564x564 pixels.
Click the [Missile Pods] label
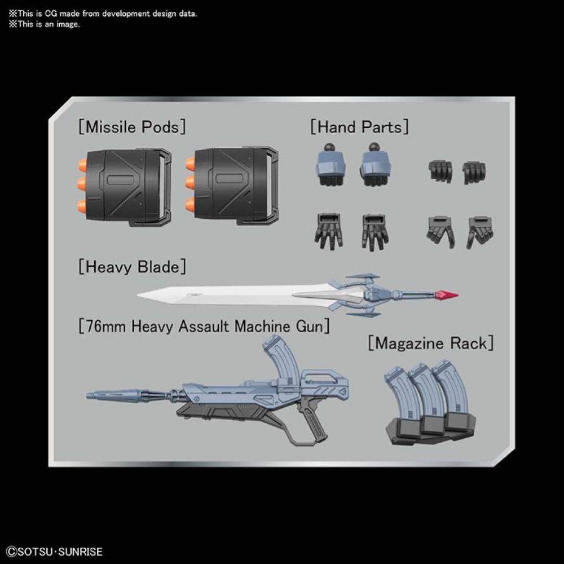tap(132, 127)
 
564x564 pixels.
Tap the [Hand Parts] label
tap(359, 127)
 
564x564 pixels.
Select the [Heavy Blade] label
tap(132, 267)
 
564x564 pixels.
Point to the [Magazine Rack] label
tap(431, 343)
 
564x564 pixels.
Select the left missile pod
tap(124, 186)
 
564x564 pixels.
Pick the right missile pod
tap(232, 186)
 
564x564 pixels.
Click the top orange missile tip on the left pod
tap(82, 165)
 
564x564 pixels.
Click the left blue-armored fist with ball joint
tap(330, 165)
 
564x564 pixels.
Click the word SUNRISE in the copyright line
tap(80, 552)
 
